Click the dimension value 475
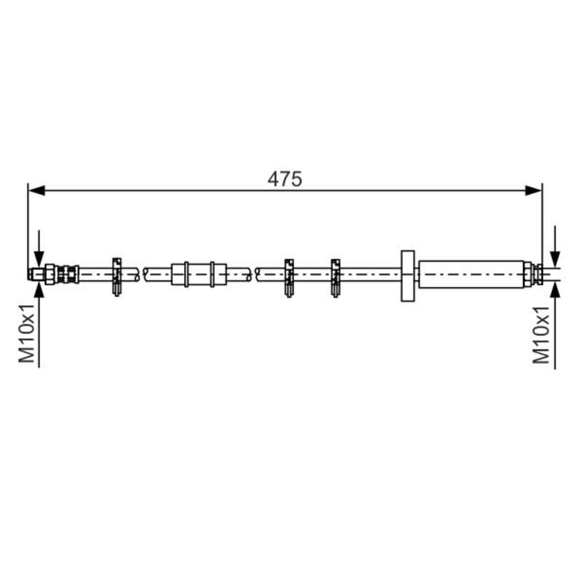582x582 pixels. pos(285,179)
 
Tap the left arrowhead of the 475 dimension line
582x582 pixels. pos(36,191)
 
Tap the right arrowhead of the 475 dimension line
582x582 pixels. pos(533,191)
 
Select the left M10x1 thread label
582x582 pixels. pos(27,333)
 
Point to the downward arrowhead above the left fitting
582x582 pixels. pos(39,259)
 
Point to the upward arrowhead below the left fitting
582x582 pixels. pos(39,290)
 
